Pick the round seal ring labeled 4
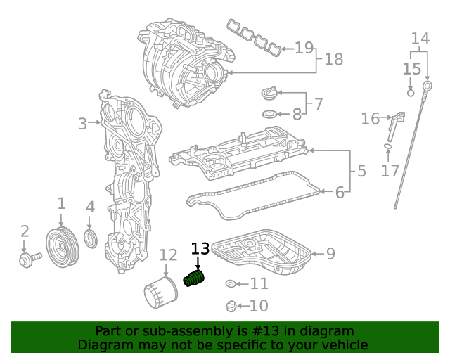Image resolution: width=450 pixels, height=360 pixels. coord(91,238)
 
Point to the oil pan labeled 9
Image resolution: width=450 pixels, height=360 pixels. coord(263,256)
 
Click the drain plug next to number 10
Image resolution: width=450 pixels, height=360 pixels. coord(230,306)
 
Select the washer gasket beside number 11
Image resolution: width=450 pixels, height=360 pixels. coord(231,284)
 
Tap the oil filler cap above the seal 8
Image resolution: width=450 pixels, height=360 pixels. coord(270,94)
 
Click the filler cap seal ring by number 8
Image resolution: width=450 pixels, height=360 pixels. coord(270,114)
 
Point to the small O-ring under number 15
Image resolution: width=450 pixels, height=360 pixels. coord(411,91)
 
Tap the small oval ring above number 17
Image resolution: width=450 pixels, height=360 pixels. coord(387,146)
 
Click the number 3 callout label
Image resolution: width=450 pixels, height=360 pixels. coord(82,124)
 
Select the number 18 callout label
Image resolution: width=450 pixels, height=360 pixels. coord(333,61)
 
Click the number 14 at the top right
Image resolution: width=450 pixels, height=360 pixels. coord(420,38)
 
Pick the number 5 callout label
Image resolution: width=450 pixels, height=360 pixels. coord(361,170)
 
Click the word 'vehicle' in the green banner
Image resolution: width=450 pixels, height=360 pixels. coord(341,345)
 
